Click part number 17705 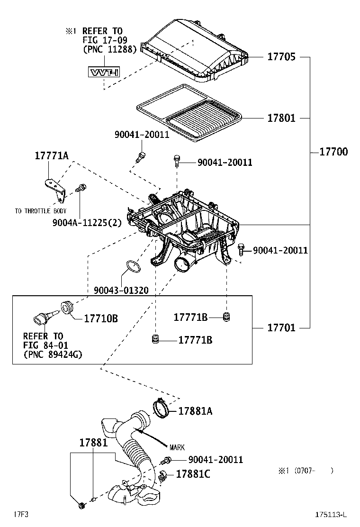pos(281,57)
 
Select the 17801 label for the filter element pos(281,118)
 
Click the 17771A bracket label pos(51,155)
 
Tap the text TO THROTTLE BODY pos(40,211)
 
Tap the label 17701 pos(281,327)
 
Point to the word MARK pos(177,447)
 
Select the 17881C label pos(193,473)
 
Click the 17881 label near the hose pos(93,443)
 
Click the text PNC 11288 pos(109,48)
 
